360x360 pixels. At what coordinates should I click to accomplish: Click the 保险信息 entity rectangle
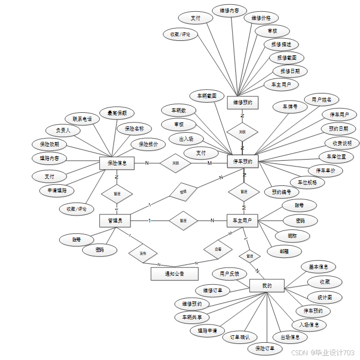click(117, 163)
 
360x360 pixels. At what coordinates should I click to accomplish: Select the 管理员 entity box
click(115, 220)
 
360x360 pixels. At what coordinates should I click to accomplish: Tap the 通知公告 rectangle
click(174, 274)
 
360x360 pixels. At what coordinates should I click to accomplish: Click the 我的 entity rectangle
click(267, 286)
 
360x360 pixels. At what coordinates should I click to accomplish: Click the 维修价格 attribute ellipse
click(261, 18)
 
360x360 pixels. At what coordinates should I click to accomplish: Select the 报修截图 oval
click(287, 57)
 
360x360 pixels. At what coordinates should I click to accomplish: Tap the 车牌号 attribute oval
click(290, 107)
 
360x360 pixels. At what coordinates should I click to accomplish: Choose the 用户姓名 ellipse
click(321, 99)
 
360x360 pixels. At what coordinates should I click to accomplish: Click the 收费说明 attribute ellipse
click(342, 143)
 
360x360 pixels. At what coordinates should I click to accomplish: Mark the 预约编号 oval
click(281, 192)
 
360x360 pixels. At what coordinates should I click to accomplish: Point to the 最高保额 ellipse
click(117, 113)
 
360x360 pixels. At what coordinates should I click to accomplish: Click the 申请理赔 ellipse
click(57, 190)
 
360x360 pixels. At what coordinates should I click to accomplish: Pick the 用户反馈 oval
click(229, 273)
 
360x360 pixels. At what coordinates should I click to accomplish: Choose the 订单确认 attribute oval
click(240, 337)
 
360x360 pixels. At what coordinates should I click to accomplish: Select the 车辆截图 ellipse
click(206, 96)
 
